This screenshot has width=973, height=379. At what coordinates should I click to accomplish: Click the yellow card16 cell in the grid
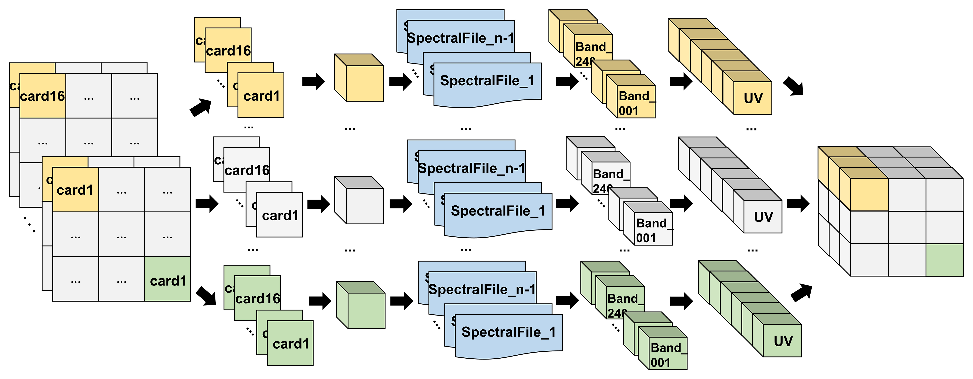tap(42, 96)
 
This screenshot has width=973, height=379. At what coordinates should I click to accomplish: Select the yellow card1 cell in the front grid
tap(75, 190)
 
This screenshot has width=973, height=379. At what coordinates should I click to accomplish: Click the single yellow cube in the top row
tap(364, 83)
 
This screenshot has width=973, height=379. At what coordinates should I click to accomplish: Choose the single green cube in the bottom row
tap(366, 310)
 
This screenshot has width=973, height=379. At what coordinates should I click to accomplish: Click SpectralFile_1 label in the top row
tap(487, 81)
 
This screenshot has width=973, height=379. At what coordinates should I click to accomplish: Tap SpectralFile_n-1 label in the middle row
tap(471, 168)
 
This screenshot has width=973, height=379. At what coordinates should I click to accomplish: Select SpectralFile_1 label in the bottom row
tap(508, 332)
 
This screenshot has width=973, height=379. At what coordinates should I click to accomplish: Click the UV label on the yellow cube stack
tap(753, 98)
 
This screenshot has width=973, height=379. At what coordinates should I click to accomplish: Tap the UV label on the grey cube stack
tap(763, 217)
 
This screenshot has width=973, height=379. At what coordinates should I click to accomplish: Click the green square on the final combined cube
tap(944, 260)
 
